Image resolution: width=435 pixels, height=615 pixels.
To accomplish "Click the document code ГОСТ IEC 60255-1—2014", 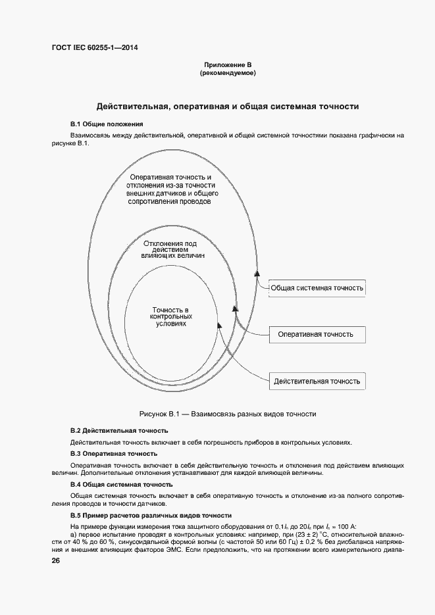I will point(94,47).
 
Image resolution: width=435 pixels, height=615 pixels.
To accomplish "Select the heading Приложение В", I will point(228,65).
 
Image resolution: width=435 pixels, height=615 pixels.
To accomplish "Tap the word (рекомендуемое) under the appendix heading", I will point(228,74).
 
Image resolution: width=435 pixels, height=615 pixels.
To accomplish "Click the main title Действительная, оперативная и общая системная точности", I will point(228,106).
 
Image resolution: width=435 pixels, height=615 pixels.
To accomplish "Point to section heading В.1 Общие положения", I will point(107,124).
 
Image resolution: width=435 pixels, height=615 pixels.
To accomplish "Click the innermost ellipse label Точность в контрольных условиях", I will point(170,317).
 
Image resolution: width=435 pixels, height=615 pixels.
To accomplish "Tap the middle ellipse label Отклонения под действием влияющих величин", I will point(170,249).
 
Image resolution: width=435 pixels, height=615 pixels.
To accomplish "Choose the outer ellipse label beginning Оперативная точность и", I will point(170,189).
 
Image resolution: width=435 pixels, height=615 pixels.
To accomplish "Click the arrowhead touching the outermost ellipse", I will point(257,272).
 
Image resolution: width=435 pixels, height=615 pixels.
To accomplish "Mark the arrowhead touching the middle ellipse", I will point(236,308).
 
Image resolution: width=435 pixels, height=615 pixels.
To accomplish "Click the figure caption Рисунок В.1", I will point(228,414).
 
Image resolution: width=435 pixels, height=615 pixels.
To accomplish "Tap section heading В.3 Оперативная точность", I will point(113,453).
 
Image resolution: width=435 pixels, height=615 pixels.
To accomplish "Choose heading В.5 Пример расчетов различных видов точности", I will point(151,515).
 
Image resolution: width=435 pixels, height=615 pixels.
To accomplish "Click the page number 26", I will point(56,561).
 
